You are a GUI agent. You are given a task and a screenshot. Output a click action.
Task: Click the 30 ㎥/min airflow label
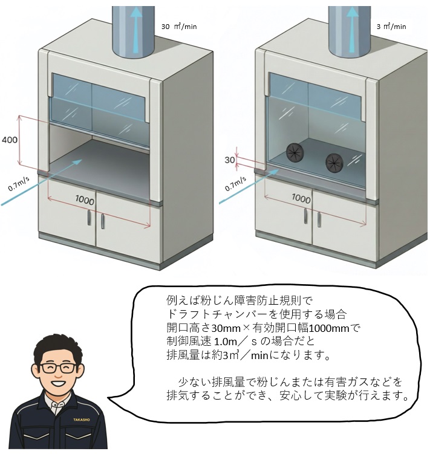pos(179,27)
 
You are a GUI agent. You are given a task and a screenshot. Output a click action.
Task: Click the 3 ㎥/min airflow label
pos(391,27)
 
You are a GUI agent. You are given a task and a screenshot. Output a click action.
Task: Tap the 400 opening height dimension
pos(10,140)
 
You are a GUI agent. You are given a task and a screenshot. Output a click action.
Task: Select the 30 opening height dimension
pos(230,160)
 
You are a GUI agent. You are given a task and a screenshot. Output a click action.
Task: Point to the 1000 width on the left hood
pos(85,200)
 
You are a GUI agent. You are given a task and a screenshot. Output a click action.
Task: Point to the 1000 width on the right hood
pos(301,198)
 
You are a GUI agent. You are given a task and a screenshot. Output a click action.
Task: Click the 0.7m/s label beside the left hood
pos(19,184)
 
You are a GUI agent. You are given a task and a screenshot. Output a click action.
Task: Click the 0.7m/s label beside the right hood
pos(236,184)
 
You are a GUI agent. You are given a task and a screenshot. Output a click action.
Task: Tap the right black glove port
pos(334,163)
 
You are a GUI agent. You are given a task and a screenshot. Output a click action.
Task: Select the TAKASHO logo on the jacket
pos(82,420)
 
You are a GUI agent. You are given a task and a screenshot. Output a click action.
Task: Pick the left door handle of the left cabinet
pos(90,218)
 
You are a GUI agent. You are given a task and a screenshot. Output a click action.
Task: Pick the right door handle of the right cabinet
pos(319,220)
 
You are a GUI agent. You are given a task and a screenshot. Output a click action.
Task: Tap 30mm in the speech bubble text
pos(226,328)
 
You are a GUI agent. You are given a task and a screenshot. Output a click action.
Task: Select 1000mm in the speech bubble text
pos(329,328)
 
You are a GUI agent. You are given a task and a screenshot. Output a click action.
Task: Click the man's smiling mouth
pos(58,384)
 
